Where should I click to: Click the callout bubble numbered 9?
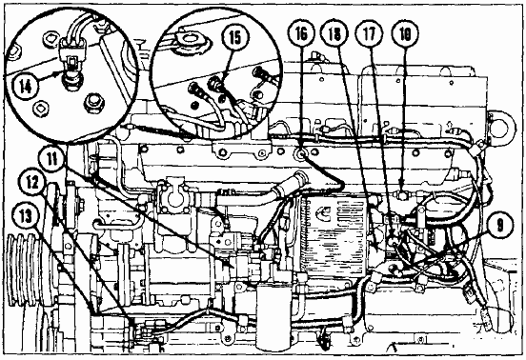pos(499,226)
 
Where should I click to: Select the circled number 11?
pos(52,158)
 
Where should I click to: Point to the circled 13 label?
pos(26,217)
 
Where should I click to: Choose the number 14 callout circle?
pos(26,87)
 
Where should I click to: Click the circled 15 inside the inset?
pos(235,37)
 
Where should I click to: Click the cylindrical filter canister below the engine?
pos(273,317)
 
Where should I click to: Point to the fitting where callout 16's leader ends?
pos(300,154)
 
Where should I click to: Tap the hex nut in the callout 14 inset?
pos(94,103)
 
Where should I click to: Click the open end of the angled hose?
pos(298,176)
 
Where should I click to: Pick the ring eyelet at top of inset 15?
pos(192,41)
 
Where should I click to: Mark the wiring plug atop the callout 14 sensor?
pos(72,50)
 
